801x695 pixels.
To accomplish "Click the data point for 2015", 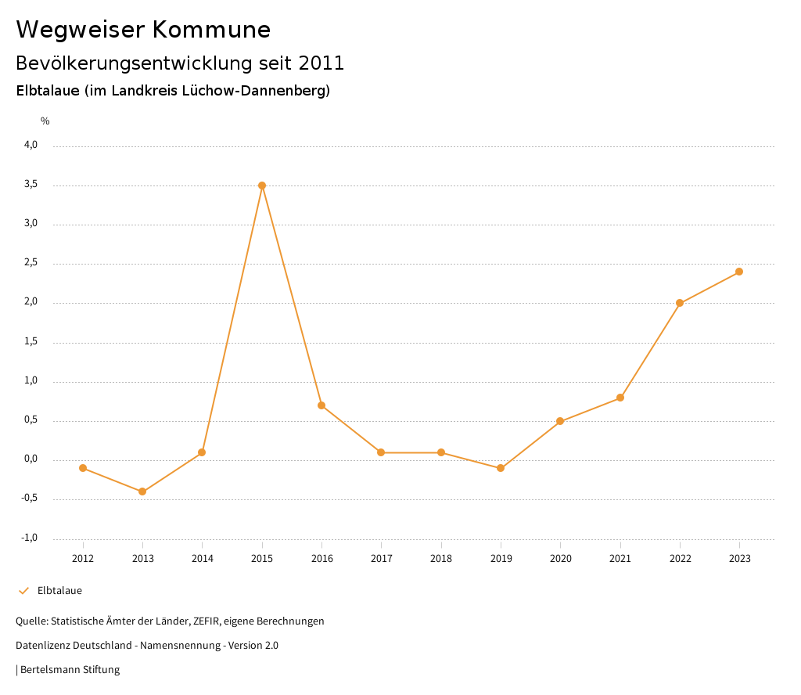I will (262, 185).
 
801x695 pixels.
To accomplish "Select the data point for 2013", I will (142, 492).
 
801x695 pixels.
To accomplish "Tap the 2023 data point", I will (739, 272).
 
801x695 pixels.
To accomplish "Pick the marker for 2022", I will (680, 303).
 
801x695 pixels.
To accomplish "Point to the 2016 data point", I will (321, 405).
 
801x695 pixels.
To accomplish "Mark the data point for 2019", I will (501, 468).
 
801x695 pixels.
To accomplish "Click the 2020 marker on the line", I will (560, 421).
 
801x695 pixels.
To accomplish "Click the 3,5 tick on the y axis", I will (31, 185).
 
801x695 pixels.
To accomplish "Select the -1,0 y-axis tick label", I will (30, 538).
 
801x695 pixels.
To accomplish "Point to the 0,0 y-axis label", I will (31, 459).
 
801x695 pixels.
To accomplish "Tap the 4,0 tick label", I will (31, 145).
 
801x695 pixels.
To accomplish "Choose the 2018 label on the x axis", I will (441, 559).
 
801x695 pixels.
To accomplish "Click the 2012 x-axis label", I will (83, 559).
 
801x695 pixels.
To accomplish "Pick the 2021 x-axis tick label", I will (620, 559).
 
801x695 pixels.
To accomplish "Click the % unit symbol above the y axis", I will (45, 121).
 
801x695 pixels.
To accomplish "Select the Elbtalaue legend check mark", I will (23, 591).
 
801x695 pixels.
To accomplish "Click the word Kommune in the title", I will (211, 30).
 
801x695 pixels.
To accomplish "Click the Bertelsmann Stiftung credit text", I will (70, 670).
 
